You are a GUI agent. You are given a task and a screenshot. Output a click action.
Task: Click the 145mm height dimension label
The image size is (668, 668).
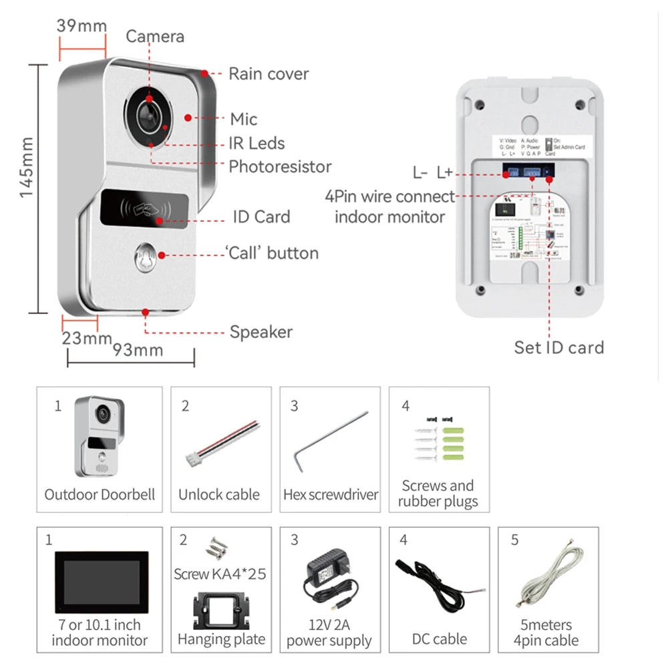tap(27, 168)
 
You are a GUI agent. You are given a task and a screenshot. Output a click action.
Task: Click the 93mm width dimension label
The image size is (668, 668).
tap(138, 349)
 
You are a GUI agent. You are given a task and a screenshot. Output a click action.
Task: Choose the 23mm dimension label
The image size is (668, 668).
tap(86, 338)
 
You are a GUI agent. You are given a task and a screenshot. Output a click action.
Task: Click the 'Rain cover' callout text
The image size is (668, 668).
tap(269, 73)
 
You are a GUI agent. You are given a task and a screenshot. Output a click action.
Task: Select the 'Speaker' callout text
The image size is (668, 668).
tap(261, 332)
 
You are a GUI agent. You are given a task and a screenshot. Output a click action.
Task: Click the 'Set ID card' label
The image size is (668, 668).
tap(558, 347)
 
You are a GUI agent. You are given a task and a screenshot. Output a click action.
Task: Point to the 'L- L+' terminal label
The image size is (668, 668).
tap(432, 173)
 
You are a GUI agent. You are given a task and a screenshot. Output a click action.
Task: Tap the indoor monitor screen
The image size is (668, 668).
tap(101, 581)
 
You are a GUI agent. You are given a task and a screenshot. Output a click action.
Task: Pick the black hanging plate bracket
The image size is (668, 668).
tap(221, 612)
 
